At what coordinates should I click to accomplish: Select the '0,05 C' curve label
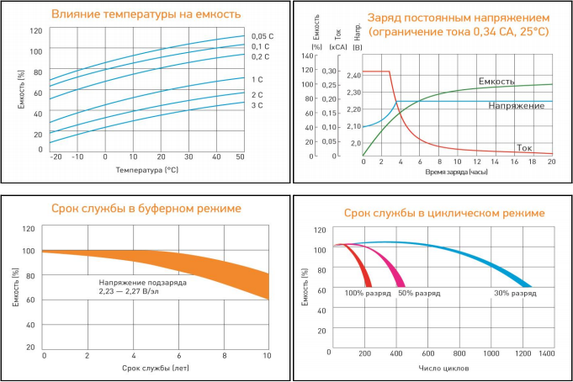(263, 35)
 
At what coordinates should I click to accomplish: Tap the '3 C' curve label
(257, 106)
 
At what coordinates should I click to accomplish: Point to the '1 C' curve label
(257, 79)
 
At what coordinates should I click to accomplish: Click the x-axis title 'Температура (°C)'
(147, 170)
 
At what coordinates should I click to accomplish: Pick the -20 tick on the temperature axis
(56, 157)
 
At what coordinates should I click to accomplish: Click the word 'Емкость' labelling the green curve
(496, 82)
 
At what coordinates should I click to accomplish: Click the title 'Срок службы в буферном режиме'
(146, 207)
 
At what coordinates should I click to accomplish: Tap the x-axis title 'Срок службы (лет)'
(156, 368)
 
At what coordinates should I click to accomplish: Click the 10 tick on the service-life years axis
(267, 356)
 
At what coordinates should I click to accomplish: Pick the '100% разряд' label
(366, 294)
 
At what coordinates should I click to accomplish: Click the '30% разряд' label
(514, 294)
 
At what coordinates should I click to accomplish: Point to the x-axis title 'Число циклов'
(443, 368)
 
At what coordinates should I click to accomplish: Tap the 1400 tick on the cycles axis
(547, 354)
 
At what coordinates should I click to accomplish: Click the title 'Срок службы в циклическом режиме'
(432, 214)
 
